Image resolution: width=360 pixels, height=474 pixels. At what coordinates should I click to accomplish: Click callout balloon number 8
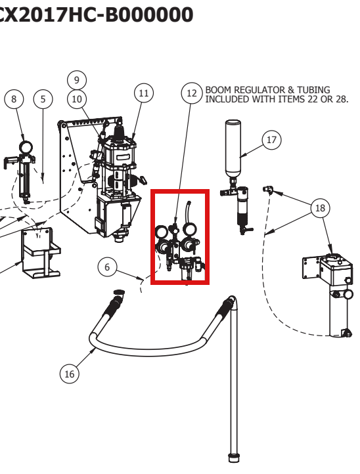pyautogui.click(x=14, y=99)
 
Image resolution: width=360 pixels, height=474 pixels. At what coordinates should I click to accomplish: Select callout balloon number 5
pyautogui.click(x=43, y=99)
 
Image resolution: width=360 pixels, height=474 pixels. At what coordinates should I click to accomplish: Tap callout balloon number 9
pyautogui.click(x=77, y=80)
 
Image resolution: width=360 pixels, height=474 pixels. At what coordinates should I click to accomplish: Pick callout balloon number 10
pyautogui.click(x=77, y=99)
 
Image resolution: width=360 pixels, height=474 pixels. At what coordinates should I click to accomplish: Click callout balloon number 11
pyautogui.click(x=144, y=93)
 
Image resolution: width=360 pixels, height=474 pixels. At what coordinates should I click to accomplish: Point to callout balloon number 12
pyautogui.click(x=191, y=93)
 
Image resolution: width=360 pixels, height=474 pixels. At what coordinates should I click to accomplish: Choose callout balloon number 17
pyautogui.click(x=272, y=140)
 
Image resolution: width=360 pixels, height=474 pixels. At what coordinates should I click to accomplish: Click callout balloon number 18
pyautogui.click(x=320, y=208)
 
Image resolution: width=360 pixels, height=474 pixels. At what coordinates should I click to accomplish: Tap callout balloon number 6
pyautogui.click(x=107, y=267)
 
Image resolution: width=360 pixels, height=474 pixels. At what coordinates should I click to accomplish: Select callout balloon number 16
pyautogui.click(x=69, y=374)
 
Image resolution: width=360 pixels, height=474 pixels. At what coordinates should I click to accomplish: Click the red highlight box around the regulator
pyautogui.click(x=151, y=237)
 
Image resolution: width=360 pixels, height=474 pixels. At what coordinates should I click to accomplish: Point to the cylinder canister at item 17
pyautogui.click(x=233, y=148)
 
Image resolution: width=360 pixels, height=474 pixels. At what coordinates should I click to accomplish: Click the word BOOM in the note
pyautogui.click(x=219, y=90)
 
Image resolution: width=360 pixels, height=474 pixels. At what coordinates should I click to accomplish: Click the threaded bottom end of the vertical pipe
pyautogui.click(x=233, y=457)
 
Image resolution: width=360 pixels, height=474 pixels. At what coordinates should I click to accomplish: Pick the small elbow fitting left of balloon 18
pyautogui.click(x=268, y=190)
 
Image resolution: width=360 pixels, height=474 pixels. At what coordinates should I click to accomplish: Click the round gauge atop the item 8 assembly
pyautogui.click(x=26, y=147)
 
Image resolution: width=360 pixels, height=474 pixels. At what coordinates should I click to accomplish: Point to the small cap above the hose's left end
pyautogui.click(x=119, y=291)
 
